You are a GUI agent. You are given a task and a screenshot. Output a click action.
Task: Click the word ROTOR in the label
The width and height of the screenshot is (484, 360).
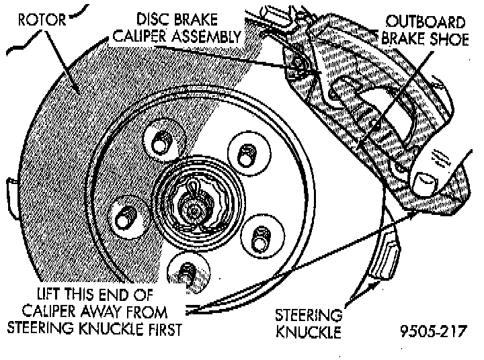click(42, 20)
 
